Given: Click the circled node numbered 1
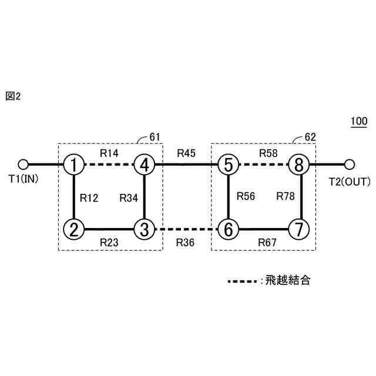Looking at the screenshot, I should tap(73, 164).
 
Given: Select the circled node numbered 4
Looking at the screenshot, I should tap(144, 164).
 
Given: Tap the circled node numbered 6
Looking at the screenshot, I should tap(227, 228).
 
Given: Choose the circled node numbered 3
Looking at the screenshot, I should tap(144, 228).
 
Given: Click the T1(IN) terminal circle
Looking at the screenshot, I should tap(23, 164).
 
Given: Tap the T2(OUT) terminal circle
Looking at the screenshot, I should tap(350, 164).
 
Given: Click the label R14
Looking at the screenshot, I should tap(109, 153).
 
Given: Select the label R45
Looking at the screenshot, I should tap(187, 153).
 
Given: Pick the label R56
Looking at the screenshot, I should tap(246, 197).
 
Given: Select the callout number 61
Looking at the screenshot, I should tap(155, 137).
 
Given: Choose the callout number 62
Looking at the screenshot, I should tap(311, 137).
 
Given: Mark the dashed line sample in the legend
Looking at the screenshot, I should tap(241, 281).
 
